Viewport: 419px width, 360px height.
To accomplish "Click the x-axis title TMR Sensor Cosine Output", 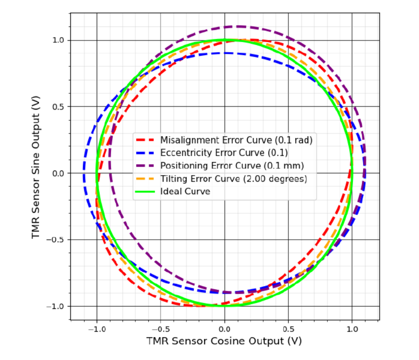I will coord(224,341).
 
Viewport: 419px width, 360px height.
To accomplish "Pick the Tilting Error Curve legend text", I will coord(233,179).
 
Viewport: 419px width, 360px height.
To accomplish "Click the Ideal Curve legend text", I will coord(185,191).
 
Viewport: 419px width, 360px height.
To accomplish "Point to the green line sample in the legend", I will coord(145,191).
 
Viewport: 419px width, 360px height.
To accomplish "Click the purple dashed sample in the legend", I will coord(145,166).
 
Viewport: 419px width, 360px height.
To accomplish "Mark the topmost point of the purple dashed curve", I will coord(239,26).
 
